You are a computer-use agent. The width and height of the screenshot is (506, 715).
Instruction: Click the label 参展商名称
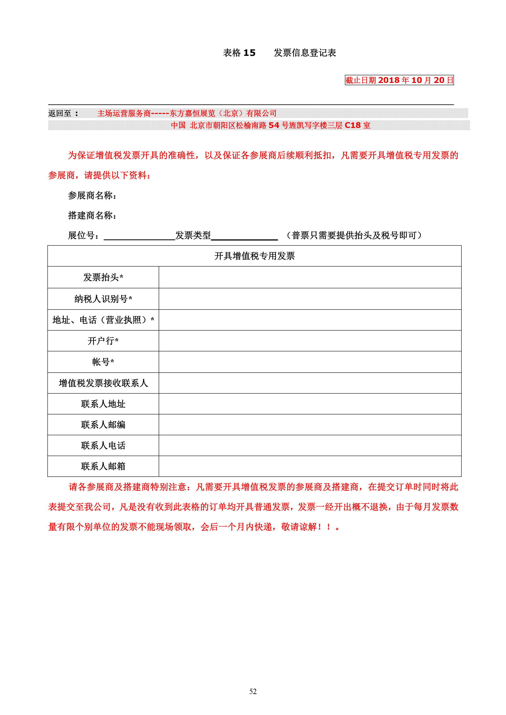(x=92, y=196)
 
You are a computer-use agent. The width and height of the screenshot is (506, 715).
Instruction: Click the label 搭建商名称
(x=92, y=215)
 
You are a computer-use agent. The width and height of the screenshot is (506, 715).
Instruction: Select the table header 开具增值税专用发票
(x=254, y=256)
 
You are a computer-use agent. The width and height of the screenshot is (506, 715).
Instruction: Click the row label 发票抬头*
(x=103, y=277)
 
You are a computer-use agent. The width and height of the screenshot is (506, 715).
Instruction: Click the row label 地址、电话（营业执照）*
(x=103, y=320)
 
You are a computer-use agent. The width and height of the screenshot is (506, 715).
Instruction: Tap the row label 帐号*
(x=103, y=362)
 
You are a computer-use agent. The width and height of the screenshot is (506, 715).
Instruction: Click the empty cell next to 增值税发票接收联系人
(x=310, y=383)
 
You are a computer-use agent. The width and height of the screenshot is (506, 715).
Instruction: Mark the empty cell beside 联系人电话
(x=310, y=446)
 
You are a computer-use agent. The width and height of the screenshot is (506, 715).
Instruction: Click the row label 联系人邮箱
(x=103, y=466)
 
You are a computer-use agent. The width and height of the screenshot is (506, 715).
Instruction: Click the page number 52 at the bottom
(x=253, y=691)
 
